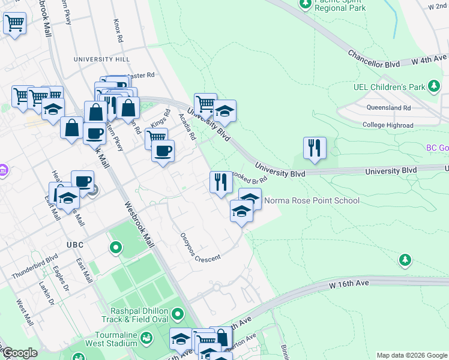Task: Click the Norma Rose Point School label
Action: coord(312,200)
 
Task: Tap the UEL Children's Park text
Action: coord(389,87)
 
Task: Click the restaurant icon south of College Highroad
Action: coord(315,148)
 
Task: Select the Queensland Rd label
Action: coord(389,108)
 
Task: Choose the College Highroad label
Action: coord(388,125)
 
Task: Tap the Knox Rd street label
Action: coord(118,30)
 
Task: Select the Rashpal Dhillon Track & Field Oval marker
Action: coord(177,314)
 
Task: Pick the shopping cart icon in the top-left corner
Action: coord(14,24)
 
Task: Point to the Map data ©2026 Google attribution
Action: coord(412,355)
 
